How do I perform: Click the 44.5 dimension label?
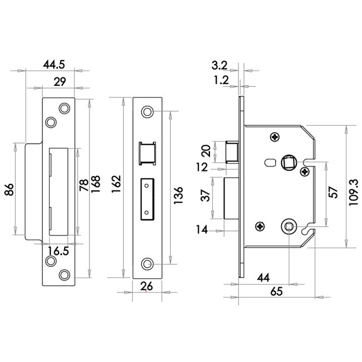coord(54,65)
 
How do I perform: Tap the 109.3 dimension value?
coord(354,192)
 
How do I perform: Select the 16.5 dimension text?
coord(58,251)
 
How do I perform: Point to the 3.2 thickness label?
coord(219,66)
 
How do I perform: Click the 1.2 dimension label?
coord(221,80)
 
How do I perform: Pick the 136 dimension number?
coord(178,195)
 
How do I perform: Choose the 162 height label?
coord(116,184)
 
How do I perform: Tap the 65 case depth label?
coord(276,291)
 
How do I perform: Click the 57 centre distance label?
coord(333,192)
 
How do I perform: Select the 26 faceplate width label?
coord(146,286)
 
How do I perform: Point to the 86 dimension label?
coord(9,190)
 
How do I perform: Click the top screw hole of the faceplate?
coord(147,112)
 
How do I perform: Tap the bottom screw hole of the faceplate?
coord(147,264)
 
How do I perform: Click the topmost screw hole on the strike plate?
coord(65,108)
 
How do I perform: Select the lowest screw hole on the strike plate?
coord(65,275)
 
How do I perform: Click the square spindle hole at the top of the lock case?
coord(288,162)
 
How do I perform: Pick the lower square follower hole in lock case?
coord(288,227)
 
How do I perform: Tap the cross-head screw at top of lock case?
coord(275,137)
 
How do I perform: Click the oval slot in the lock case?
coord(270,163)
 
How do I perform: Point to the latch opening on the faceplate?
coord(147,153)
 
